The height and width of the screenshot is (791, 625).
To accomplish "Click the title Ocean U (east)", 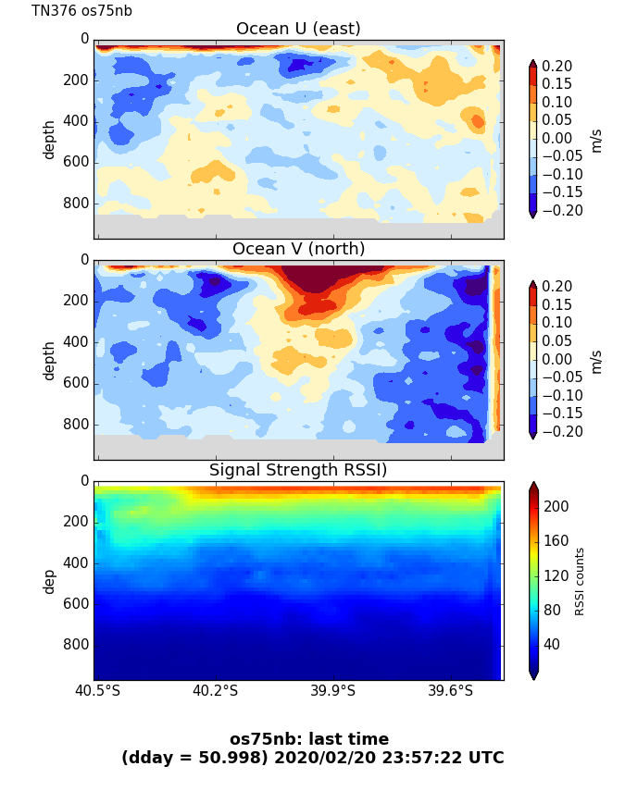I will pos(298,29).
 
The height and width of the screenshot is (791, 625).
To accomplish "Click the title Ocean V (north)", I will pos(298,249).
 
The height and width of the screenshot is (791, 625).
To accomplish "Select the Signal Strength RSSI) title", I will pos(298,470).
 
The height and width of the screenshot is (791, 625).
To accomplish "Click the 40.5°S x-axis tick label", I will pos(97,691).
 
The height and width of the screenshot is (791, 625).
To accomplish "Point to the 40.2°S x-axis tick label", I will pos(215,691).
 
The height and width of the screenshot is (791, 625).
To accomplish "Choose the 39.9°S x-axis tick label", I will pos(332,691).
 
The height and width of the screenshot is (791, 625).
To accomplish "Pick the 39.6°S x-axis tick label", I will pos(450,691).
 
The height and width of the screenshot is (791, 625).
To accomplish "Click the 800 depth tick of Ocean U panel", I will pos(78,203).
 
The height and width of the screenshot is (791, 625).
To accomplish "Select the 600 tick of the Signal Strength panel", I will pos(78,603).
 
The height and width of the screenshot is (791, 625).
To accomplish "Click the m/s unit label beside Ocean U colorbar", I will pos(596,139).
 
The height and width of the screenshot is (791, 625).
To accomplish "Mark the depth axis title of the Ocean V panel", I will pos(49,360).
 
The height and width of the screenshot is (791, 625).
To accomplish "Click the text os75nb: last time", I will pos(309,739).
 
